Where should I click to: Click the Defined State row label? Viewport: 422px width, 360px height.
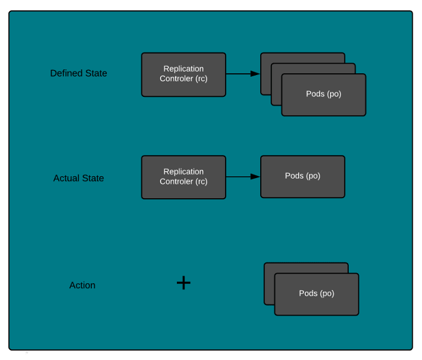[x=79, y=73]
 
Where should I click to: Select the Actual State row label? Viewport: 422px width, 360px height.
[x=79, y=178]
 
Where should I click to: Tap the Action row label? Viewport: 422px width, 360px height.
[x=83, y=286]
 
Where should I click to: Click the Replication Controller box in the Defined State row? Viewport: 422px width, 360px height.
[x=183, y=74]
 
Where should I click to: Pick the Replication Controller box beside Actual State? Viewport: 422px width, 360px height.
[x=183, y=177]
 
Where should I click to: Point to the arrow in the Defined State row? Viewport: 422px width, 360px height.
[x=243, y=74]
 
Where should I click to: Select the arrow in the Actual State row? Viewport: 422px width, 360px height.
[x=243, y=177]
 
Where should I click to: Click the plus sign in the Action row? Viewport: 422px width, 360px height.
[x=183, y=283]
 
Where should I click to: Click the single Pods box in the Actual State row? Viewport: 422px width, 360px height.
[x=303, y=177]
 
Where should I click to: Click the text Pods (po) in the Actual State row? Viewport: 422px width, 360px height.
[x=303, y=176]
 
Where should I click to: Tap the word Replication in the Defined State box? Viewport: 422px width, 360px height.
[x=183, y=69]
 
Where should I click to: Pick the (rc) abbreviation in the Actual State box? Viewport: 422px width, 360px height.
[x=201, y=181]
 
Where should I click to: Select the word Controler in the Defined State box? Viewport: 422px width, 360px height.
[x=176, y=79]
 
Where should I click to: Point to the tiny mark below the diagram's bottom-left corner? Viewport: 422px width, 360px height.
[x=26, y=353]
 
